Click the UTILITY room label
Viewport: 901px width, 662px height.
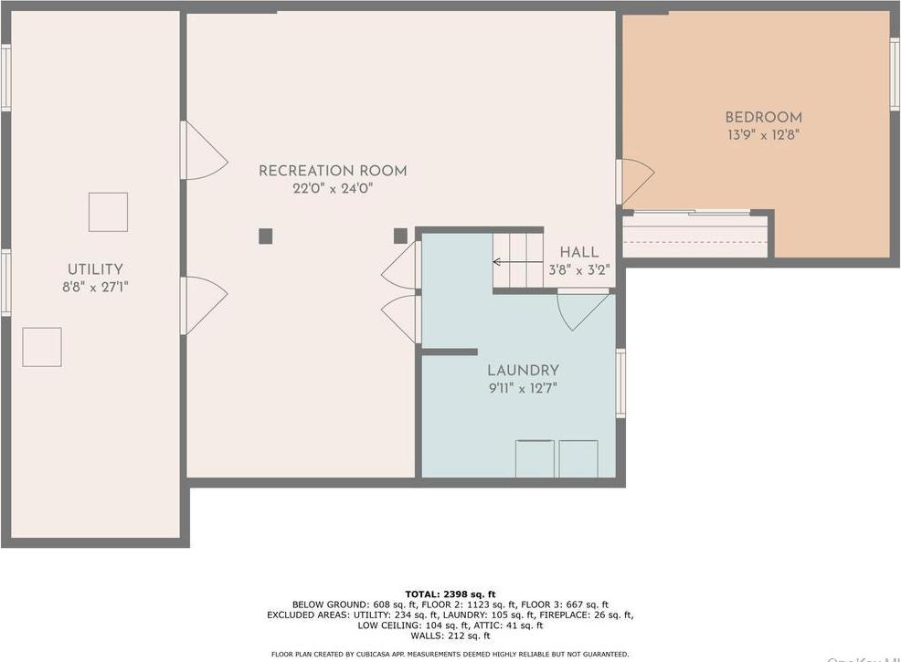(95, 269)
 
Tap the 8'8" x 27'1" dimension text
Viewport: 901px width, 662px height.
(95, 286)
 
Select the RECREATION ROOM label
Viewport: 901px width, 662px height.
(333, 171)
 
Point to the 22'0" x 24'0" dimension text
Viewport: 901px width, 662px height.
(333, 188)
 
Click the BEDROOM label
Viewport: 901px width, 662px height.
(763, 117)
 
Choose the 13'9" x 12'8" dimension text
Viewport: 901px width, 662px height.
(763, 134)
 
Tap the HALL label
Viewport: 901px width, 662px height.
(579, 252)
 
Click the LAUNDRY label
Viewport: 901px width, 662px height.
(523, 371)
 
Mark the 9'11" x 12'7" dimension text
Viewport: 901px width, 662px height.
(523, 387)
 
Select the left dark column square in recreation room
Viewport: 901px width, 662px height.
(265, 236)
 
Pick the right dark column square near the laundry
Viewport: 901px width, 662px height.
(400, 236)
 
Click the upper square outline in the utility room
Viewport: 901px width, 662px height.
(108, 212)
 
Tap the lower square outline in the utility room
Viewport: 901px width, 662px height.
(42, 347)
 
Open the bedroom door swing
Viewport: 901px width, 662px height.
(636, 181)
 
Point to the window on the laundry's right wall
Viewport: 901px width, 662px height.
(621, 384)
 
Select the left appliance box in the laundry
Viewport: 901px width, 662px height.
(535, 458)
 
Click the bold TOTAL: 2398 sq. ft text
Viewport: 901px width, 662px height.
(450, 594)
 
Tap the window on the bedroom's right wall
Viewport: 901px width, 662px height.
(895, 74)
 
